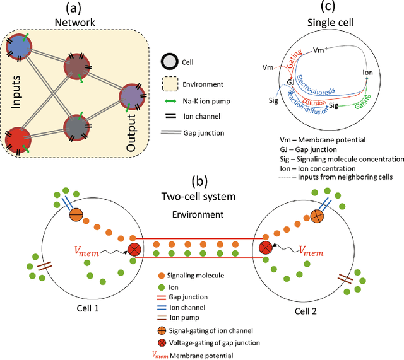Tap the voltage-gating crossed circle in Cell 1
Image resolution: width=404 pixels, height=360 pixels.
point(134,248)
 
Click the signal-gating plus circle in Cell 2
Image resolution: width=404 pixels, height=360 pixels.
point(316,216)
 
